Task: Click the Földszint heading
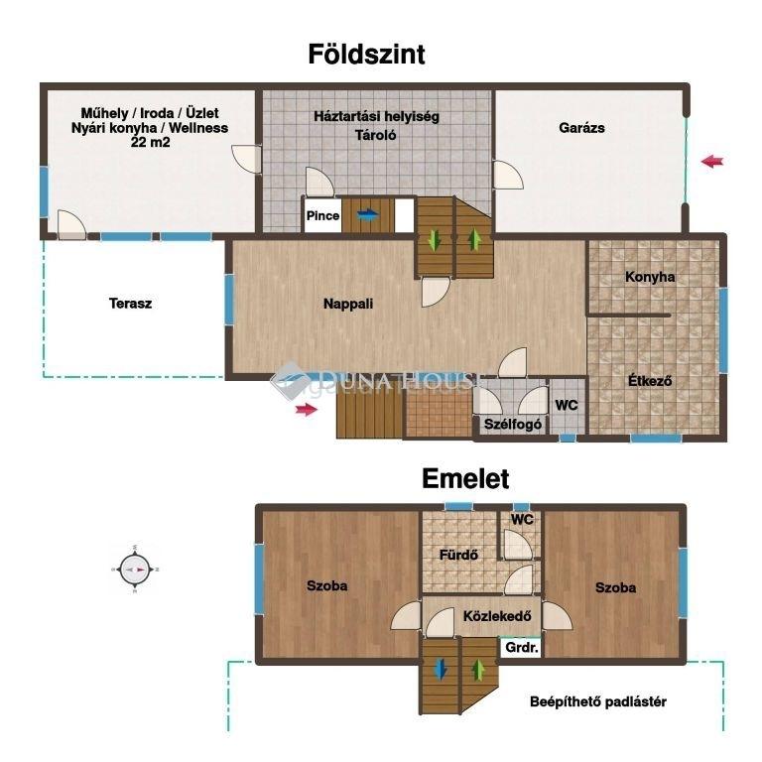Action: (x=366, y=54)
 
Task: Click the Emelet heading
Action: (x=465, y=478)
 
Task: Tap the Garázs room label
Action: (x=581, y=128)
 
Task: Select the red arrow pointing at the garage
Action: (x=712, y=161)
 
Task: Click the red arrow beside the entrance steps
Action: (x=307, y=409)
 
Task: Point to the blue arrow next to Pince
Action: (x=367, y=214)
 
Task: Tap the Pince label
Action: (x=322, y=215)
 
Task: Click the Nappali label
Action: (x=348, y=304)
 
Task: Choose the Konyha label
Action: (x=650, y=277)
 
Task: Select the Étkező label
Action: (x=650, y=381)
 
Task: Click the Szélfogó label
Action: (x=513, y=425)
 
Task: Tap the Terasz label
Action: (x=130, y=304)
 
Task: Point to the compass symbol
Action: (x=135, y=570)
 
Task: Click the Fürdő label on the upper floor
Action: (x=458, y=555)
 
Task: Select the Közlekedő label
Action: (x=497, y=616)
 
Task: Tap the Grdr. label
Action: (x=522, y=648)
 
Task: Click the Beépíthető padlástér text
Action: (x=597, y=701)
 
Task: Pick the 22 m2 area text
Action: (x=150, y=143)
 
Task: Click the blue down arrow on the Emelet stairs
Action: (x=441, y=669)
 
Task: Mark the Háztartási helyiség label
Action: (x=376, y=117)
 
